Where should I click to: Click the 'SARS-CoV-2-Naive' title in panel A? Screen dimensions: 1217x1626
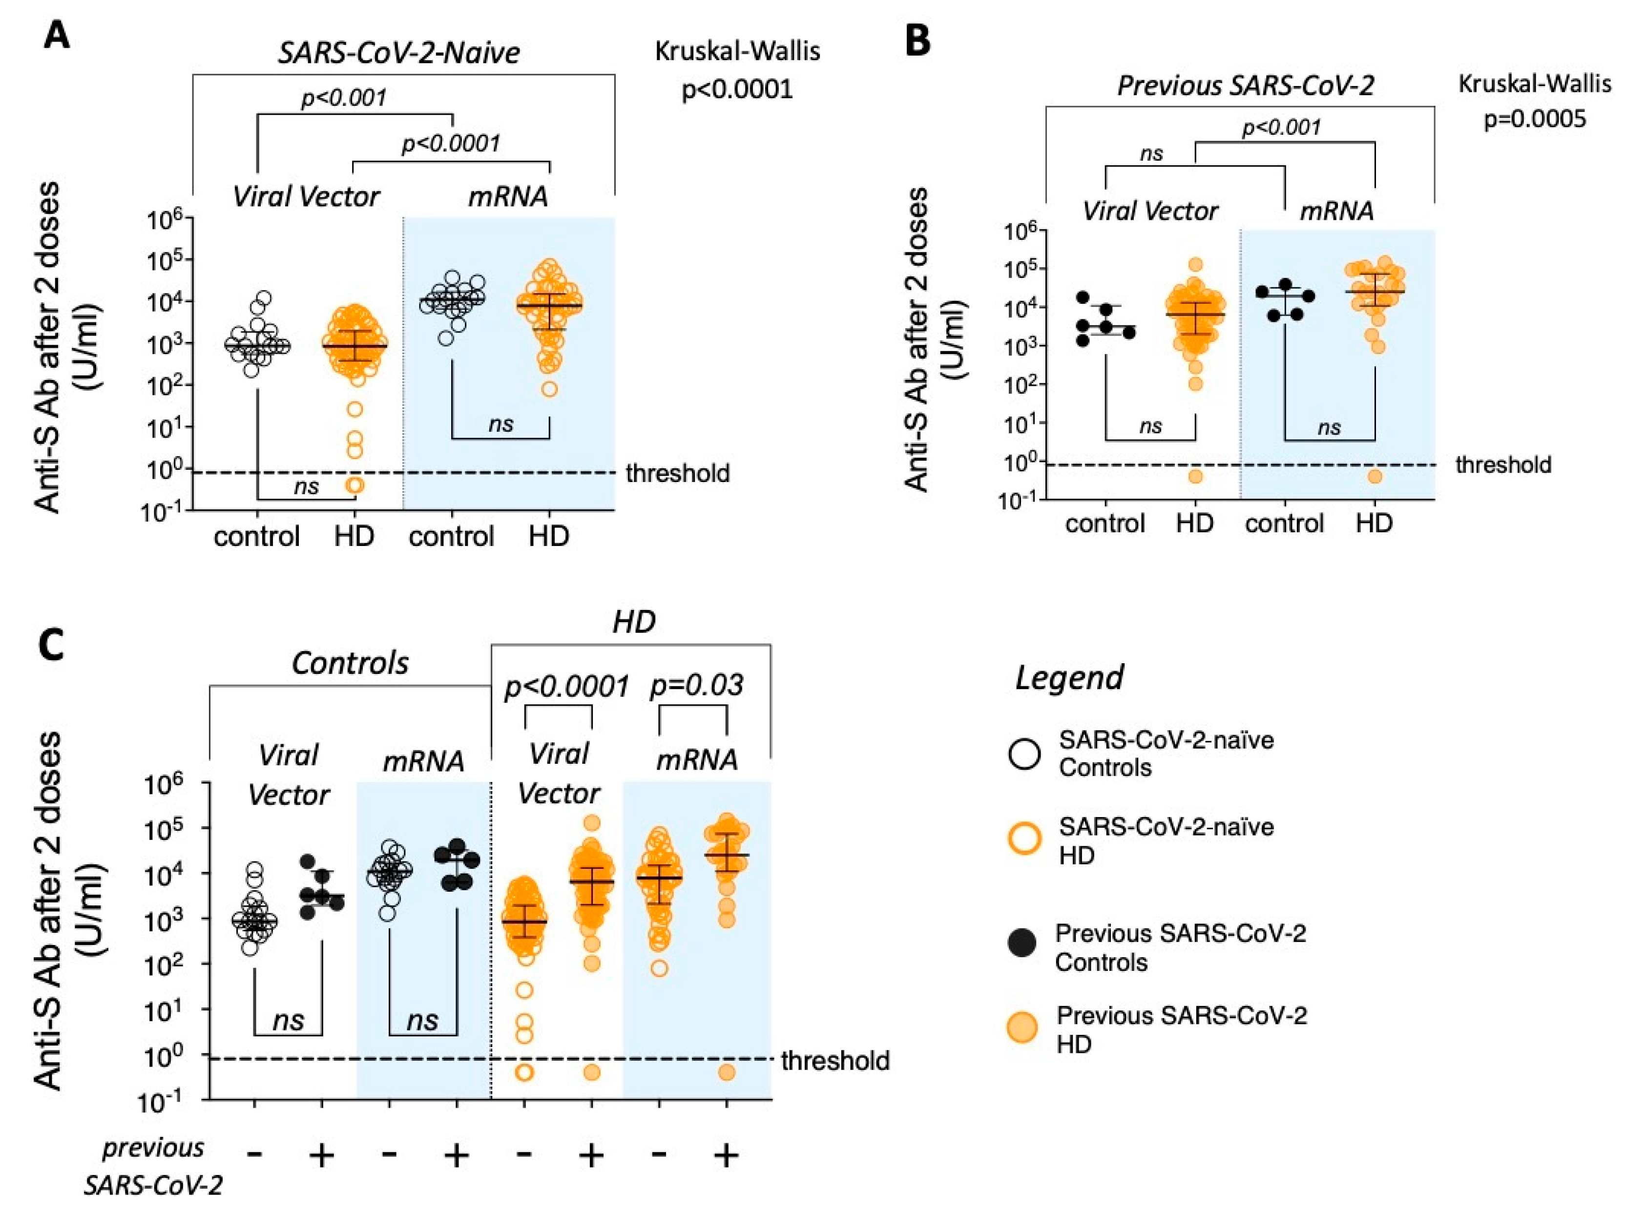(x=398, y=53)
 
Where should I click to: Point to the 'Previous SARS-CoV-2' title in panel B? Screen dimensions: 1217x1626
(x=1245, y=86)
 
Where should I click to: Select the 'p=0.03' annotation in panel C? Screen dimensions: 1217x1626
(x=696, y=685)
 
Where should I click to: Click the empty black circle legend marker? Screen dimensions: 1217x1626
(x=1025, y=754)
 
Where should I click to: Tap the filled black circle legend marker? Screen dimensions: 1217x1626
(x=1023, y=944)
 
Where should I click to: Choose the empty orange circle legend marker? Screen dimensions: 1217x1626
(x=1025, y=839)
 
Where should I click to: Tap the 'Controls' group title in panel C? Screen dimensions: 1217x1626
(x=350, y=663)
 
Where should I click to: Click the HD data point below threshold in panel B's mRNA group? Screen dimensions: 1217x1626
(x=1375, y=477)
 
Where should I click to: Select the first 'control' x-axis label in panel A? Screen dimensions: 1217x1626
(x=256, y=536)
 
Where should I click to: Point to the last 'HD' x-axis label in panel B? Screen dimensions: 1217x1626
(x=1374, y=523)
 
